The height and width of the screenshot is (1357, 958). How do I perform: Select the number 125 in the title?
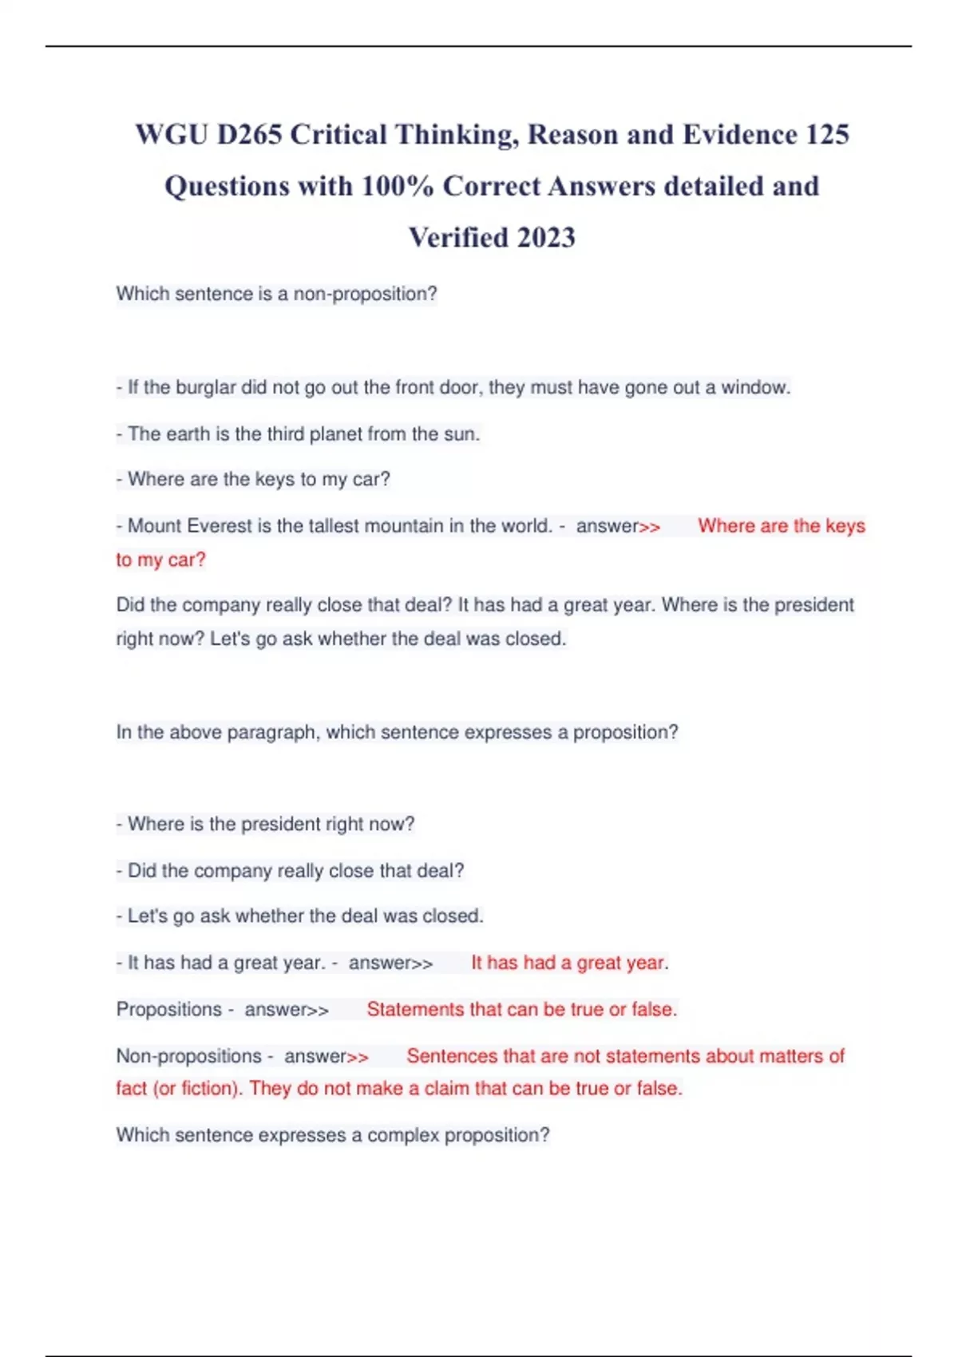pyautogui.click(x=827, y=135)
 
